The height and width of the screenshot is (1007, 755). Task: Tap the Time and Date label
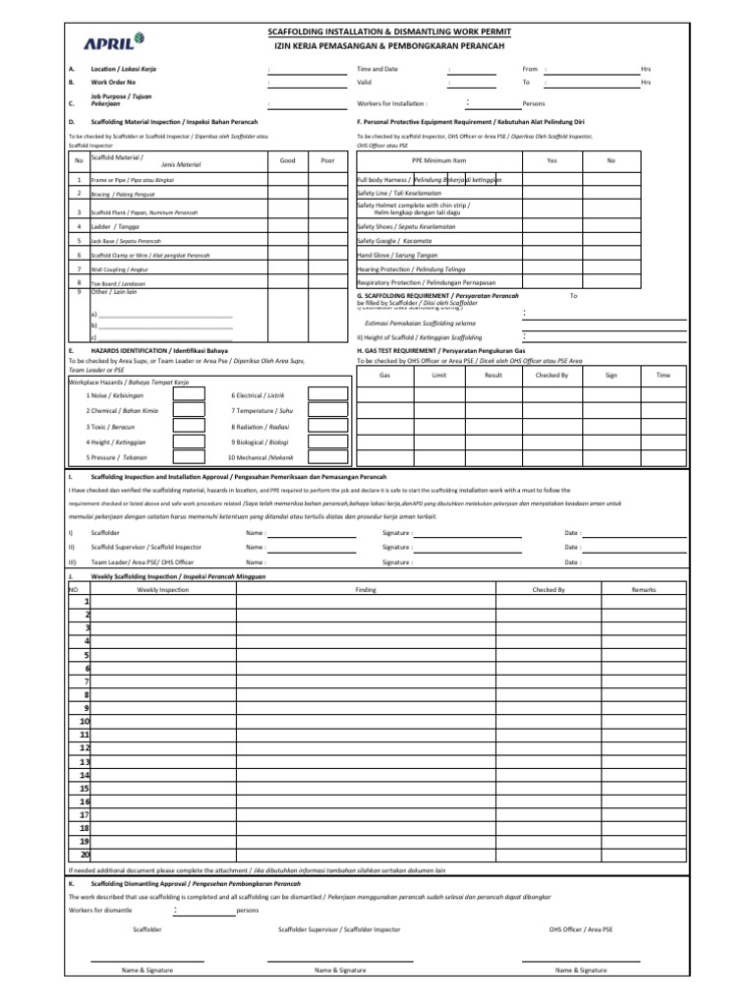[377, 70]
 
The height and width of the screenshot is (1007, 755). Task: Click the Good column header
[287, 160]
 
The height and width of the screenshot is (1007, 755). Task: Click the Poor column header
[327, 160]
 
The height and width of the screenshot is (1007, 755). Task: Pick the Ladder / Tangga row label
[109, 226]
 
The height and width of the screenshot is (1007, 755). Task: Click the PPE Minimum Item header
[438, 160]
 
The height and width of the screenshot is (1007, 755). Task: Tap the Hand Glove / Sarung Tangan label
[401, 255]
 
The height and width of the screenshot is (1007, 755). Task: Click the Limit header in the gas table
[439, 375]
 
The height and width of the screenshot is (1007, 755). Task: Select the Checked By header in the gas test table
[552, 375]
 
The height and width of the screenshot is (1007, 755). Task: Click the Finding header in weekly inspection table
[366, 589]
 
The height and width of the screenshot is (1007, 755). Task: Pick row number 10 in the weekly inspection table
[85, 721]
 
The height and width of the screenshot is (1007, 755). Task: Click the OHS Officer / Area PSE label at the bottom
[580, 927]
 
